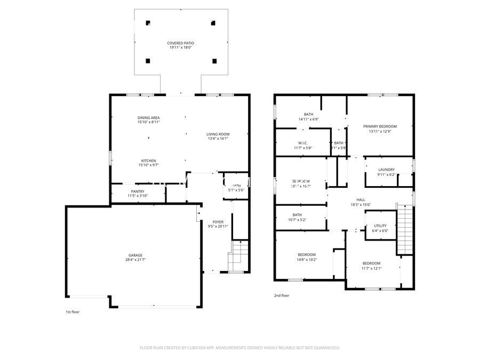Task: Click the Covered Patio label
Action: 180,42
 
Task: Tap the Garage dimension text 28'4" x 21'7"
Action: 135,260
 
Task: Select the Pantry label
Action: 138,191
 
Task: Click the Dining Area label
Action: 149,117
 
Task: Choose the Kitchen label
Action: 149,161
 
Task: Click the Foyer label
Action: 218,221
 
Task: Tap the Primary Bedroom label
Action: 380,126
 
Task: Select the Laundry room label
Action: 386,169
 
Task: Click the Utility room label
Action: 380,226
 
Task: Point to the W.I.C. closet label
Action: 303,143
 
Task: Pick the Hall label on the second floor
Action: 361,199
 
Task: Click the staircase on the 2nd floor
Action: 405,229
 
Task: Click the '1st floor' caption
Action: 73,311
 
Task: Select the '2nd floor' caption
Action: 282,295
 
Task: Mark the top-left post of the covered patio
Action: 148,23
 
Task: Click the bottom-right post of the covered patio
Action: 214,61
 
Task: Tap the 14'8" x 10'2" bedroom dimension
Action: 307,260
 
